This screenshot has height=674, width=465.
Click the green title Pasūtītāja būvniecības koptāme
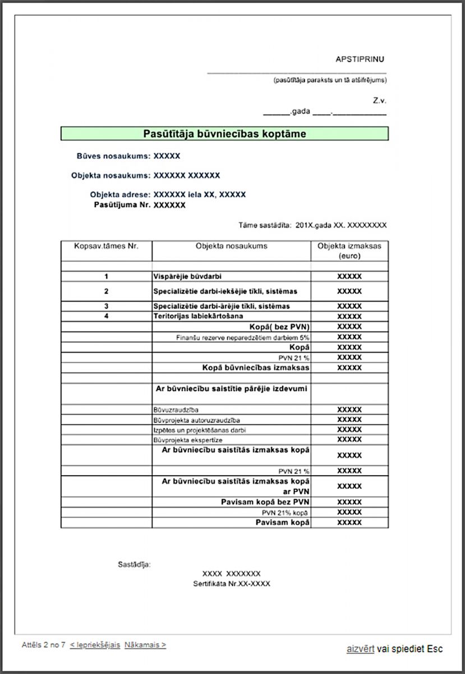(224, 134)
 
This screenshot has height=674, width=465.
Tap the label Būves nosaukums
(113, 156)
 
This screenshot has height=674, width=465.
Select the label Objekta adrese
(120, 195)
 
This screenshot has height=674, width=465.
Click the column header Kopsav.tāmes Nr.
(106, 246)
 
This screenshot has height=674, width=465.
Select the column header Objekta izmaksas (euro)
(349, 251)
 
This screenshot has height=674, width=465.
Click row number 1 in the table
(106, 277)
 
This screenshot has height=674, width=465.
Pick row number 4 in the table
(106, 317)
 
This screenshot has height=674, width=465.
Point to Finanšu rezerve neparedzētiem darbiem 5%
(243, 338)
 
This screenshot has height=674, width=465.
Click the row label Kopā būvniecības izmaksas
(256, 368)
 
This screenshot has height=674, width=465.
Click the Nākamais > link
(145, 645)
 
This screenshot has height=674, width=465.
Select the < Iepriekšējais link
(95, 645)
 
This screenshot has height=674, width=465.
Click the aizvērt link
(360, 649)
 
